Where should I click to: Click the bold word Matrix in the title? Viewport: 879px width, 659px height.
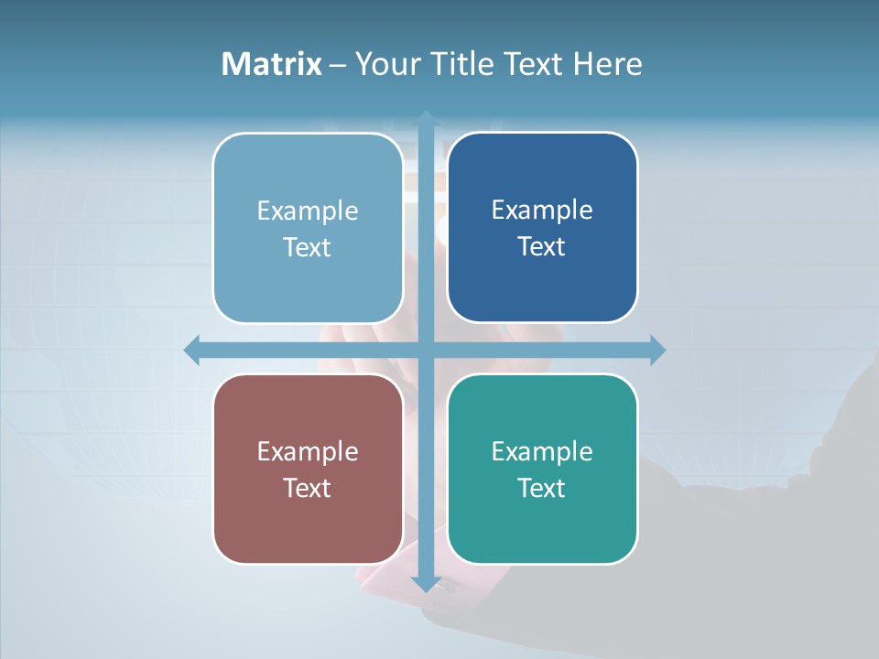tap(272, 64)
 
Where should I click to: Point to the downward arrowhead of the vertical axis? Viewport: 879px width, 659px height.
tap(426, 583)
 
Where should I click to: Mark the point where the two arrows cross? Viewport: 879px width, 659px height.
tap(426, 350)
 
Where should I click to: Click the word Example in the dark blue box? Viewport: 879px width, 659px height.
tap(542, 211)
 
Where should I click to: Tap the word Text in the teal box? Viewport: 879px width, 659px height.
tap(542, 488)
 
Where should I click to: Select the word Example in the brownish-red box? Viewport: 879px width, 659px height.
tap(308, 452)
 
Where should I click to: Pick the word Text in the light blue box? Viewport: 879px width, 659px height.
tap(308, 247)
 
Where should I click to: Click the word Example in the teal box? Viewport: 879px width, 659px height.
tap(542, 452)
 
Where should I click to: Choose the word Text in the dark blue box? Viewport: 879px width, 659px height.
tap(542, 246)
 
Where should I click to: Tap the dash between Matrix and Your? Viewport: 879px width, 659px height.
tap(338, 65)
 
